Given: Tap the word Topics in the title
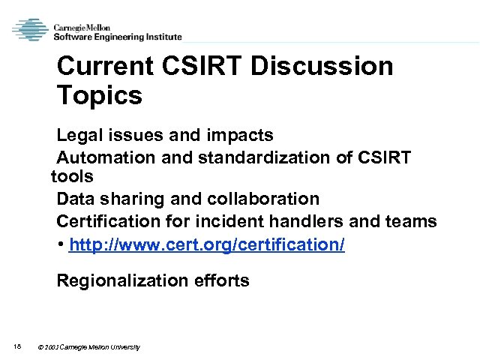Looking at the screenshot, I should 99,96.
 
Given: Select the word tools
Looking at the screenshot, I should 72,177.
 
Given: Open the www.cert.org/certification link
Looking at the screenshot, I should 206,245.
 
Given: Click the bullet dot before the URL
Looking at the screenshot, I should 60,246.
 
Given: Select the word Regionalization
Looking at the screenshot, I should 121,281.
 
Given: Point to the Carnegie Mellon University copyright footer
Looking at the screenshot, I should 90,347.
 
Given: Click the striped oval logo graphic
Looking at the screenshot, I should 30,30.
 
